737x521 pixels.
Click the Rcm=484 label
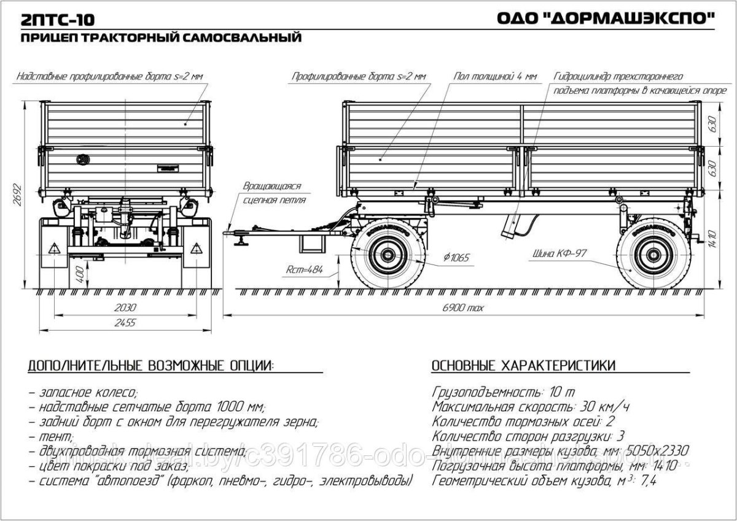(304, 269)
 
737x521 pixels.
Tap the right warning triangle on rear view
(196, 249)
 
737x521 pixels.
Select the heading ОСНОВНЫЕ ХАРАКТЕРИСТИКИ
(524, 366)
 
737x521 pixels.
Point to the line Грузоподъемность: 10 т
(504, 392)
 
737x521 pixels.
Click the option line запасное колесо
(83, 392)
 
